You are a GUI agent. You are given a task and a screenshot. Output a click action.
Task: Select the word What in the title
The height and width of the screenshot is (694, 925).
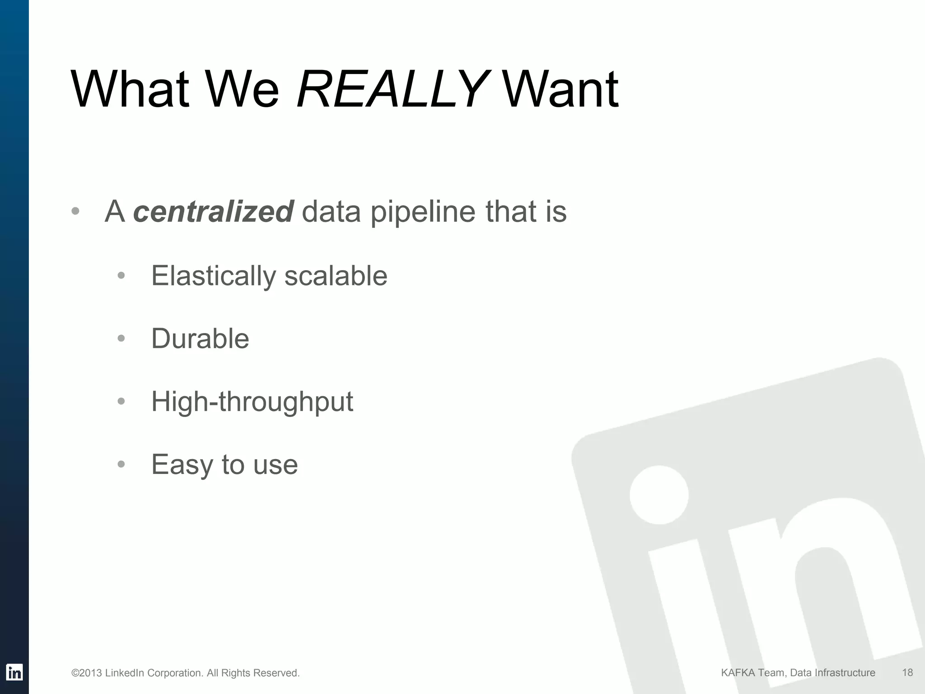click(x=130, y=89)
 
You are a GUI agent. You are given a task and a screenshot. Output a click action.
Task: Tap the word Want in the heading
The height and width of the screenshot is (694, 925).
click(x=560, y=89)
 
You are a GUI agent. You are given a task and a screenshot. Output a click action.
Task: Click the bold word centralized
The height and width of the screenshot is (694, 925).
click(x=214, y=211)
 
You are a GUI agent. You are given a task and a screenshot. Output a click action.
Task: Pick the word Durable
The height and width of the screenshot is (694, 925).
click(x=200, y=338)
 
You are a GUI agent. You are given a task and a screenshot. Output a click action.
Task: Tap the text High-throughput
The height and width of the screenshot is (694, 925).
click(x=252, y=402)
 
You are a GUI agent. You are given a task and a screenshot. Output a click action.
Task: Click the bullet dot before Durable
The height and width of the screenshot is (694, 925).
click(x=121, y=338)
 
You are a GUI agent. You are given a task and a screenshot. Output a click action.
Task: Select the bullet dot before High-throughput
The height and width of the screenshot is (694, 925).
click(x=121, y=401)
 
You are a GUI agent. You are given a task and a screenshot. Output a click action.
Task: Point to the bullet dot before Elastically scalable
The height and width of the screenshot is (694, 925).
click(x=121, y=276)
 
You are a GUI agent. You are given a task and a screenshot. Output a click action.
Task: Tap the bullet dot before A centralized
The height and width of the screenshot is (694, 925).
click(x=75, y=211)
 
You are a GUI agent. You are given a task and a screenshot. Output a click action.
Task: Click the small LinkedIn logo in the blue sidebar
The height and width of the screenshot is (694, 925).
click(x=14, y=672)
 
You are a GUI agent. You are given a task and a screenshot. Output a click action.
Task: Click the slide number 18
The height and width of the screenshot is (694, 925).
click(x=907, y=673)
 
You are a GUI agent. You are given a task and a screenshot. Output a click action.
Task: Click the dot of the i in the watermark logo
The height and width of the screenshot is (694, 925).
click(x=659, y=495)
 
